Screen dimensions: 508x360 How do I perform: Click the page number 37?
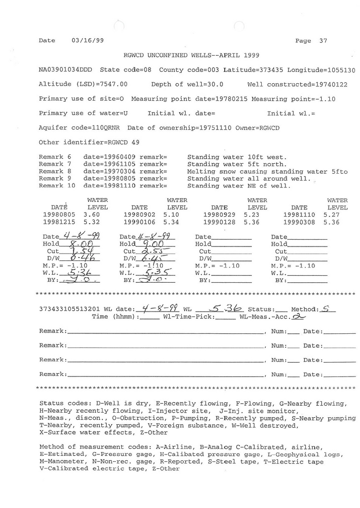[x=323, y=41]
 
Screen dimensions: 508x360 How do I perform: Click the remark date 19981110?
[x=102, y=186]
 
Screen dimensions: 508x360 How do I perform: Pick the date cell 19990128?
[x=219, y=222]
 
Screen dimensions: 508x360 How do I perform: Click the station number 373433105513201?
[x=68, y=309]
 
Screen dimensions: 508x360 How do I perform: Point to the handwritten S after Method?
[x=326, y=308]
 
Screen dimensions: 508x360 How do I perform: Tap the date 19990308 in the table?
[x=299, y=222]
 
